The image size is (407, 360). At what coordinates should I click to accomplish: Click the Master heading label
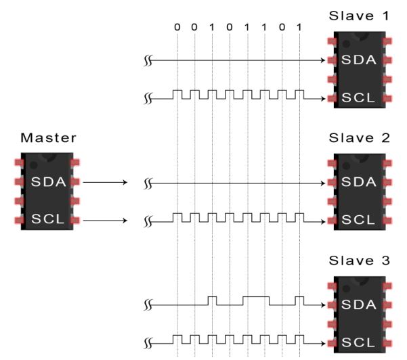tap(48, 138)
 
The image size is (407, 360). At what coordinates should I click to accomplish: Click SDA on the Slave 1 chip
tap(357, 60)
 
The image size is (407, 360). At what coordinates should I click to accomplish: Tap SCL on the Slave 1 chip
tap(357, 98)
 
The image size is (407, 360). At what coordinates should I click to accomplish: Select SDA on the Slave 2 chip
tap(357, 182)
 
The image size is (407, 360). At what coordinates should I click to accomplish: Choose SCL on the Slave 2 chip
tap(357, 220)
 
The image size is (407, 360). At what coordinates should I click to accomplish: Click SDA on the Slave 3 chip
tap(357, 305)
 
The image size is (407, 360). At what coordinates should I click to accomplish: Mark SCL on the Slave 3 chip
tap(357, 343)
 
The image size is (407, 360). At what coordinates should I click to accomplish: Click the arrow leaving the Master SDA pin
tap(105, 182)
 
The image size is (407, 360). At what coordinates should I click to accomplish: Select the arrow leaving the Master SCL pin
tap(105, 221)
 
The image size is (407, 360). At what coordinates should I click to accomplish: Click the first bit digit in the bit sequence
tap(177, 28)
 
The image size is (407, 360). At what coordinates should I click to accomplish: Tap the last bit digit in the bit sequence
tap(299, 28)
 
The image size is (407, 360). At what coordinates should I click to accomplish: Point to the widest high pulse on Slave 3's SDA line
tap(256, 297)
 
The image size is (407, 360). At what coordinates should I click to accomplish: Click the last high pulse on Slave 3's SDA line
tap(299, 297)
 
